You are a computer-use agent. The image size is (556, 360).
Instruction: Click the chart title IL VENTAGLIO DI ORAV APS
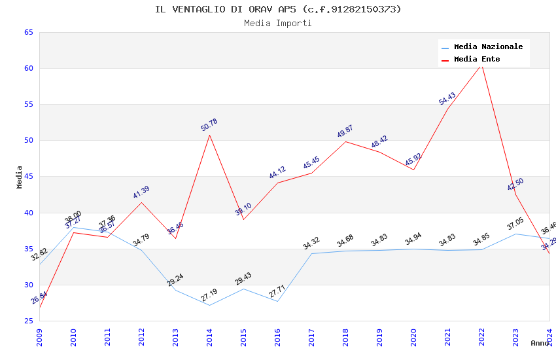278,9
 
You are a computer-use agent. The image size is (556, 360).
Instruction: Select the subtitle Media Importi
278,24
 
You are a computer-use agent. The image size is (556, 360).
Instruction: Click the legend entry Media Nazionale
488,47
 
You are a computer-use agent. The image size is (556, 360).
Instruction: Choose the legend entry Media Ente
477,60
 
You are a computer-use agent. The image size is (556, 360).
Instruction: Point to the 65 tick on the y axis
28,32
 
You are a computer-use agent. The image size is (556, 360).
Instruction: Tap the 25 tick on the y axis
28,321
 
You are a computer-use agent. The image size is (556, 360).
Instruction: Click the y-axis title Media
20,177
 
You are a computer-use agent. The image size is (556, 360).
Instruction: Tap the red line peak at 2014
209,135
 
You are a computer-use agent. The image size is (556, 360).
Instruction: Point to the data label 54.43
447,99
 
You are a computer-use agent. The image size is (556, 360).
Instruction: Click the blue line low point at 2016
277,301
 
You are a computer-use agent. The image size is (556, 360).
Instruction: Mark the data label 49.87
345,132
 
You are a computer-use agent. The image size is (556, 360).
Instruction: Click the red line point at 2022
481,64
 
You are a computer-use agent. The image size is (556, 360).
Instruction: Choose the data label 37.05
515,224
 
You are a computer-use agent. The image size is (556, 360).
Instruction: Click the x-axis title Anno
540,343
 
